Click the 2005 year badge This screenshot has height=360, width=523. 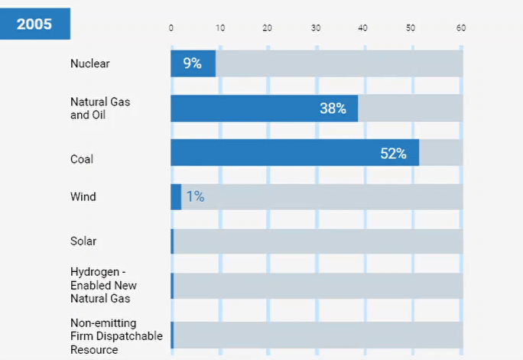tap(34, 24)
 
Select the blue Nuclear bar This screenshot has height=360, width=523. tap(193, 63)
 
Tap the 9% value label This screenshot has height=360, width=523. tap(192, 63)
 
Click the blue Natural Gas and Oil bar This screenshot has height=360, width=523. tap(264, 109)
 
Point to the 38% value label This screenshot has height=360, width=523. tap(333, 109)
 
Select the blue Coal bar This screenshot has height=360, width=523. tap(294, 153)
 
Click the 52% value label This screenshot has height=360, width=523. tap(393, 153)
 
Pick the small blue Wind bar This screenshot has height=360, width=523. tap(176, 196)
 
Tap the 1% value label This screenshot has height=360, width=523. tap(195, 196)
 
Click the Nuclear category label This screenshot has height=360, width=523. tap(90, 63)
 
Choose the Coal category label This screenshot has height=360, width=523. tap(82, 159)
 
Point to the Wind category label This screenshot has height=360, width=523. tap(83, 196)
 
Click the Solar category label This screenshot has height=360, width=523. tap(83, 241)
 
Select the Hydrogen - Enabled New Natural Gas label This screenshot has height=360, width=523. tap(100, 285)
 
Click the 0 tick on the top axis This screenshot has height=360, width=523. tap(171, 28)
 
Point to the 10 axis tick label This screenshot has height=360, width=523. tap(220, 28)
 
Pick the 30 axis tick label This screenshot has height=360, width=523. tap(316, 28)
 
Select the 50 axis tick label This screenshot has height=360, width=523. tap(411, 28)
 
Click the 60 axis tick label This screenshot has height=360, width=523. tap(460, 28)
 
